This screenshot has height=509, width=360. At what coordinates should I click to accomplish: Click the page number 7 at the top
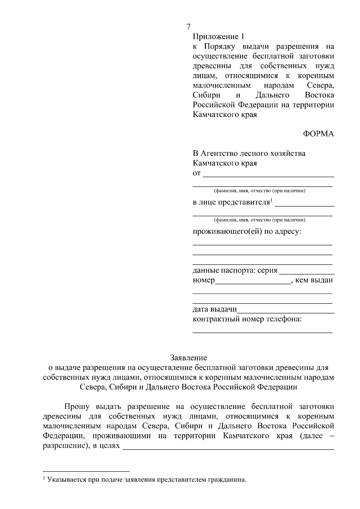(188, 27)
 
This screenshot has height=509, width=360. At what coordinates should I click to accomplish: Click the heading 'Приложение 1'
(218, 37)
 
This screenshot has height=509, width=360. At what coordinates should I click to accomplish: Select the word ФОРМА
(318, 134)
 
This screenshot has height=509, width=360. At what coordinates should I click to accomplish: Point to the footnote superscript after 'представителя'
(271, 200)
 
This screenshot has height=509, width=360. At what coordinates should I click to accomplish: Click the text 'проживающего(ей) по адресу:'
(247, 232)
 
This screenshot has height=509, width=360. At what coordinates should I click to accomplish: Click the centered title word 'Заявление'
(188, 358)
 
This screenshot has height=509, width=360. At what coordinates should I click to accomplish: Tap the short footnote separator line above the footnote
(86, 471)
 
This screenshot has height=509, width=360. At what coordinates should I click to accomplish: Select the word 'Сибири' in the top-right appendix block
(206, 95)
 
